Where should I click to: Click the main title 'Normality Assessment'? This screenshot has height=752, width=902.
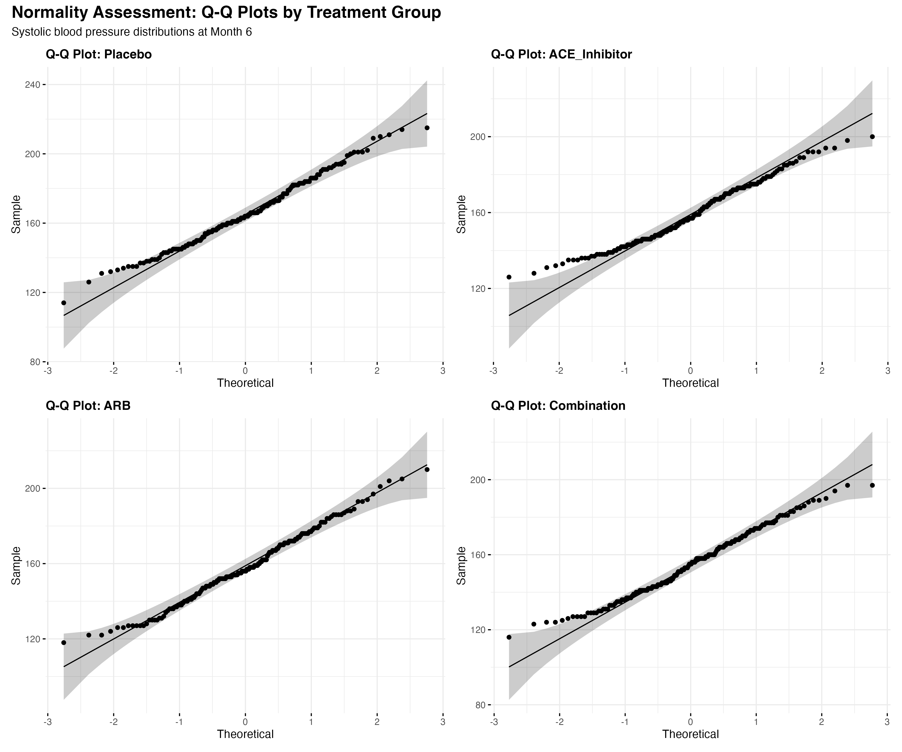tap(226, 13)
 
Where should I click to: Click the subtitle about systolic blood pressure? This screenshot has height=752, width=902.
tap(132, 32)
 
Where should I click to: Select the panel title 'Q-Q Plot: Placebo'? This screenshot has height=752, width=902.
tap(99, 55)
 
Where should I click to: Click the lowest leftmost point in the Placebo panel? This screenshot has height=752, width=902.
tap(64, 303)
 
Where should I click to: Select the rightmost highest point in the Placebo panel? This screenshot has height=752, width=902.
tap(427, 128)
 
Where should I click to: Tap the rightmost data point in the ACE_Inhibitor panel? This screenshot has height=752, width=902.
tap(872, 137)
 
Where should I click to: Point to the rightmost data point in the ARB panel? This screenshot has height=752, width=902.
tap(427, 469)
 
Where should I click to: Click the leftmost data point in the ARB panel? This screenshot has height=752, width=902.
tap(64, 642)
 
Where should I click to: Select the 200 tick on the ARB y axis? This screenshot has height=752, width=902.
tap(34, 488)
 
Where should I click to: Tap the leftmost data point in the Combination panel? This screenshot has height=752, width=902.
tap(509, 637)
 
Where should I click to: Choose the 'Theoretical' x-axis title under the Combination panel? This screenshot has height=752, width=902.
tap(690, 734)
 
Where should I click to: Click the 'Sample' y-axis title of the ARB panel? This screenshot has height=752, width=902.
tap(16, 566)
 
